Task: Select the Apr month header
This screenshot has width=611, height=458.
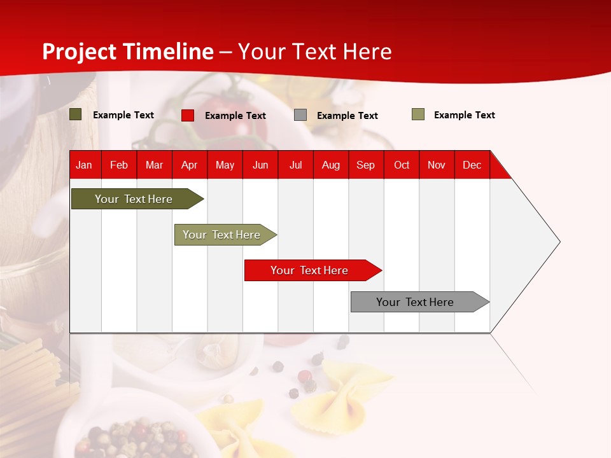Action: [x=190, y=165]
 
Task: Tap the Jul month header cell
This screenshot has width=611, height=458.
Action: [x=295, y=165]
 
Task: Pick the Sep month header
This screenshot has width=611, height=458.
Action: [x=366, y=165]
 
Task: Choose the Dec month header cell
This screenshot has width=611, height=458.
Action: [x=472, y=165]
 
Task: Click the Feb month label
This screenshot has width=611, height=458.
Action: [x=119, y=165]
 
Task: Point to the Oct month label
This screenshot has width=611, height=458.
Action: [x=402, y=165]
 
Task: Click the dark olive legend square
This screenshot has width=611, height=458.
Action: [x=76, y=114]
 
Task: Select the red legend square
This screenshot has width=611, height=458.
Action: [x=188, y=115]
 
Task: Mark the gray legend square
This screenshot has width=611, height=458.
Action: [x=300, y=115]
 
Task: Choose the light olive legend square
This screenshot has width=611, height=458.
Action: [x=418, y=114]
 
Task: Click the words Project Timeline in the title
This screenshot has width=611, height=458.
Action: [x=128, y=52]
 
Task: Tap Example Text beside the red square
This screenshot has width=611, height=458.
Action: [x=235, y=116]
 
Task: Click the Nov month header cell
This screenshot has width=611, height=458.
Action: [x=437, y=165]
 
